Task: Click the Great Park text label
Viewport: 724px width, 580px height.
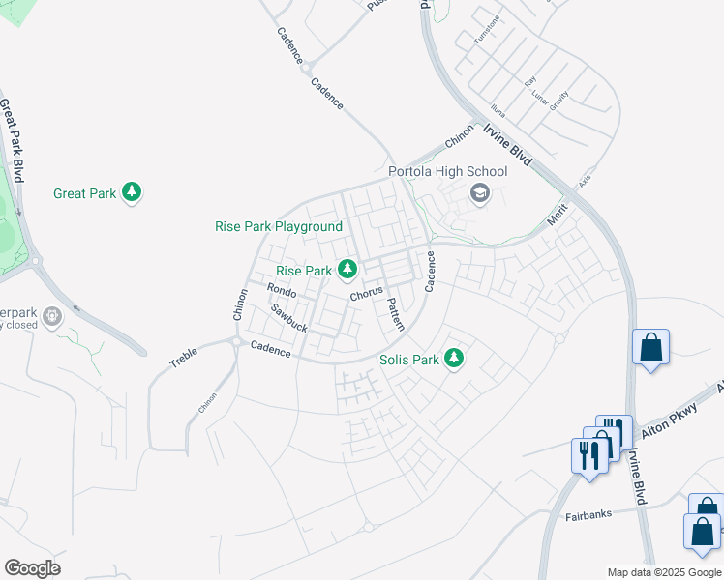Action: point(85,193)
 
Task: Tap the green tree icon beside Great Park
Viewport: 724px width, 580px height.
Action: point(133,193)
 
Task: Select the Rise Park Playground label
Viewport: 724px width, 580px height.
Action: point(279,227)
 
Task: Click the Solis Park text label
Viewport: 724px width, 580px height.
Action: point(409,360)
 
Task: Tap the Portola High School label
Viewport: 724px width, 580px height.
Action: point(447,172)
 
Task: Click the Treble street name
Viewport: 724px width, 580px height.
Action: point(184,358)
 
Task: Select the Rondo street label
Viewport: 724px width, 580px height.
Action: point(281,290)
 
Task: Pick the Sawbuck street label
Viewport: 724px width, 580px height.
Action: point(288,319)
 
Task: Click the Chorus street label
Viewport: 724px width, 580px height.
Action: point(367,292)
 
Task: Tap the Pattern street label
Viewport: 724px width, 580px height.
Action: point(395,314)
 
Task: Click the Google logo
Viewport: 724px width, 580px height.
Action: point(32,568)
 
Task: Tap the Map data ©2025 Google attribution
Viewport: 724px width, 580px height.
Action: point(664,572)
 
